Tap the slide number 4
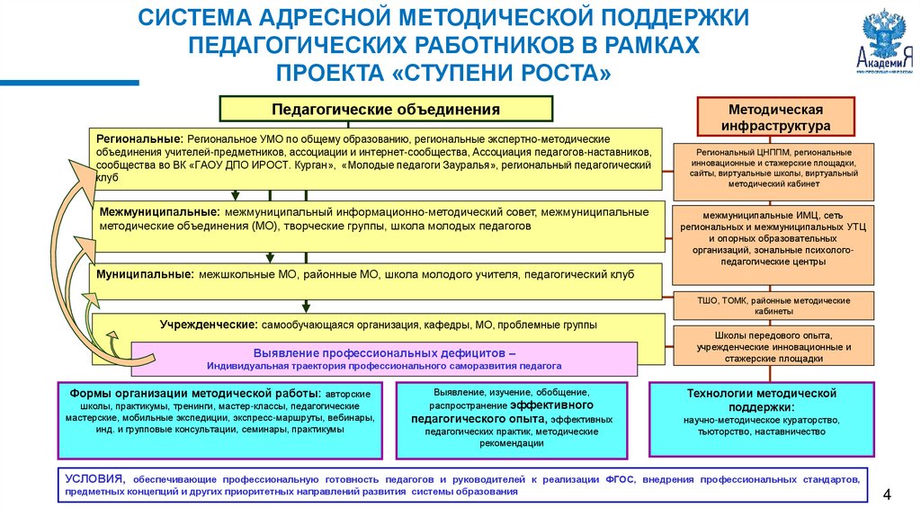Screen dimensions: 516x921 (x=888, y=495)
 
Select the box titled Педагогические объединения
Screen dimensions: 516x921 (x=386, y=110)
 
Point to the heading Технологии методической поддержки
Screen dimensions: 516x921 (x=762, y=400)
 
